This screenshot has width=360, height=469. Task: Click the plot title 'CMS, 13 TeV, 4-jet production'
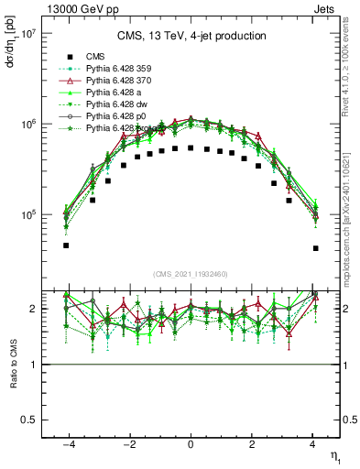click(191, 36)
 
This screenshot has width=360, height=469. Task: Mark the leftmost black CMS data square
click(66, 245)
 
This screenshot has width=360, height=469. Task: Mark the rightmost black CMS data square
click(315, 248)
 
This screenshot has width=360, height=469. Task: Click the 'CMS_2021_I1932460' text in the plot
click(191, 274)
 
